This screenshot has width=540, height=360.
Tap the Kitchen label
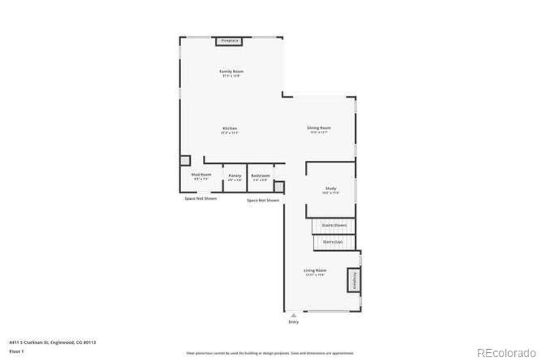coord(230,128)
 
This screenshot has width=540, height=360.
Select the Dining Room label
coord(319,128)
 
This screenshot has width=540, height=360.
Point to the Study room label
coord(331,189)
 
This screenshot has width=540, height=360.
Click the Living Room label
coord(315,271)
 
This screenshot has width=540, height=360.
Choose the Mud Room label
coord(201,175)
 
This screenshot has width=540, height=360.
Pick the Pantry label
coord(235,176)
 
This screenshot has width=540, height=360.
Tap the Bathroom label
coord(260,176)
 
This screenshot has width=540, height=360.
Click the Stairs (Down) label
coord(334,225)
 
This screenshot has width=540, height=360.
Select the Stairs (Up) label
coord(332,241)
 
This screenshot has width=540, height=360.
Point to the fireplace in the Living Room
coord(353,280)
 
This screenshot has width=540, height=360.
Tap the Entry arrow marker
coord(293,314)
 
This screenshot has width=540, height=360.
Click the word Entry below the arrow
coord(293,322)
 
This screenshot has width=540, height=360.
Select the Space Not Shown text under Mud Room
coord(200,198)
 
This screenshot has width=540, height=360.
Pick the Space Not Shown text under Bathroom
coord(263,200)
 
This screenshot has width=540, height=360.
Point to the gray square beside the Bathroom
coord(278,187)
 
